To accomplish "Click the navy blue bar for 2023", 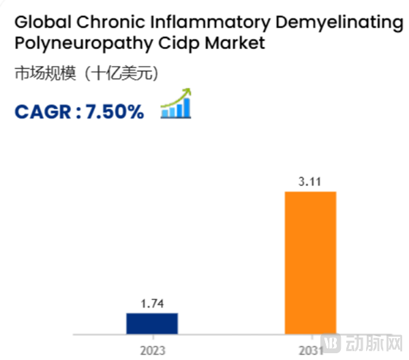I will tap(152, 324).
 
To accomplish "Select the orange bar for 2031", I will tap(310, 263).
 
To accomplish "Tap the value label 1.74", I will tap(153, 303).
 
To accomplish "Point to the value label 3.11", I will tap(310, 182).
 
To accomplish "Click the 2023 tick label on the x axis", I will tap(152, 350).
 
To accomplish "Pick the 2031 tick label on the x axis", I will tap(310, 350).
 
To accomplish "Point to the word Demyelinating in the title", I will tap(344, 23).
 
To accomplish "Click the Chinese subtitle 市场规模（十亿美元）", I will tap(86, 74).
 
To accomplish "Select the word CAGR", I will tap(42, 110).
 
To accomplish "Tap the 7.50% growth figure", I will tap(115, 110).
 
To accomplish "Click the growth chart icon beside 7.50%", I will tap(176, 106).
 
